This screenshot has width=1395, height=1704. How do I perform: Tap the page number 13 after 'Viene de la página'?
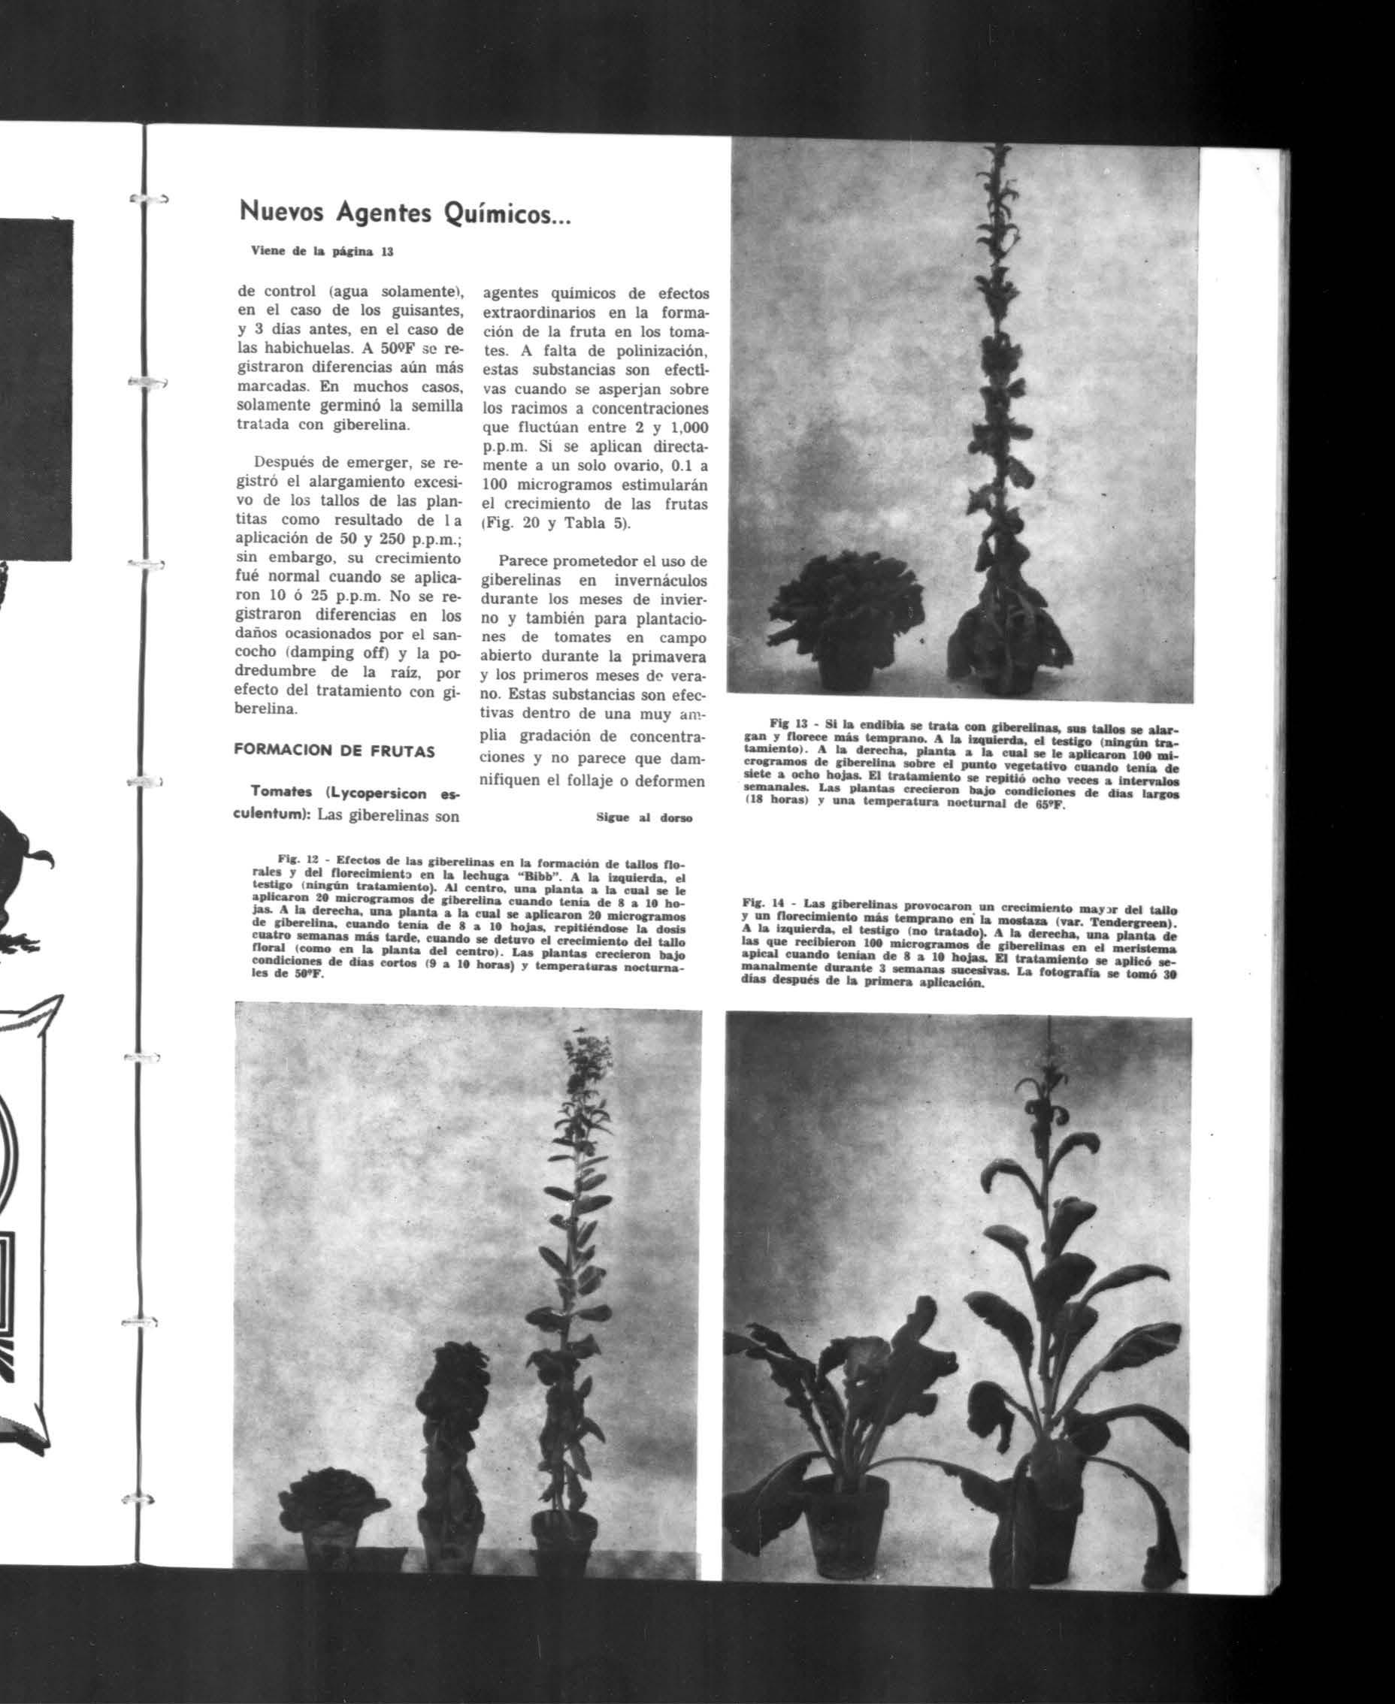(387, 252)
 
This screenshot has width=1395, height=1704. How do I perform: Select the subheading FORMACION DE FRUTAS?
(334, 751)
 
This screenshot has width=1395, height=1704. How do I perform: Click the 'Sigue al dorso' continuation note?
(643, 818)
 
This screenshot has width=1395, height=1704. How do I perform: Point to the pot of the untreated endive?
(847, 673)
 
